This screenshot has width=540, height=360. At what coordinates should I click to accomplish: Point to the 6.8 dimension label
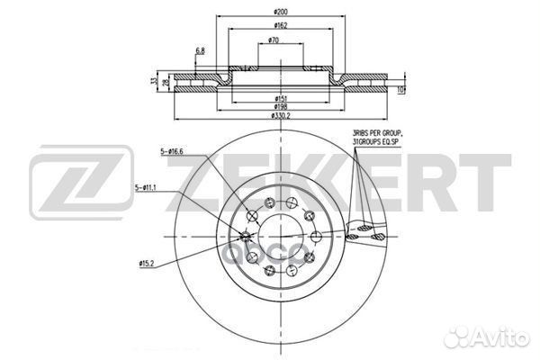click(199, 51)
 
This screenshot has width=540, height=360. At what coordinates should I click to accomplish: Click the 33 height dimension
click(154, 82)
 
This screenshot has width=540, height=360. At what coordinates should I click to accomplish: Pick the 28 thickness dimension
click(166, 83)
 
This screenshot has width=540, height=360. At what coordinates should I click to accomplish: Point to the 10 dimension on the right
click(401, 89)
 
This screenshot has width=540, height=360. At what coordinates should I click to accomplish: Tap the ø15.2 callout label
click(149, 263)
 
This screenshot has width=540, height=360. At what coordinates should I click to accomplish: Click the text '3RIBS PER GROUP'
click(378, 134)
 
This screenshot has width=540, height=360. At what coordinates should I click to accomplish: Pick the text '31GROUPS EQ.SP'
click(379, 143)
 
